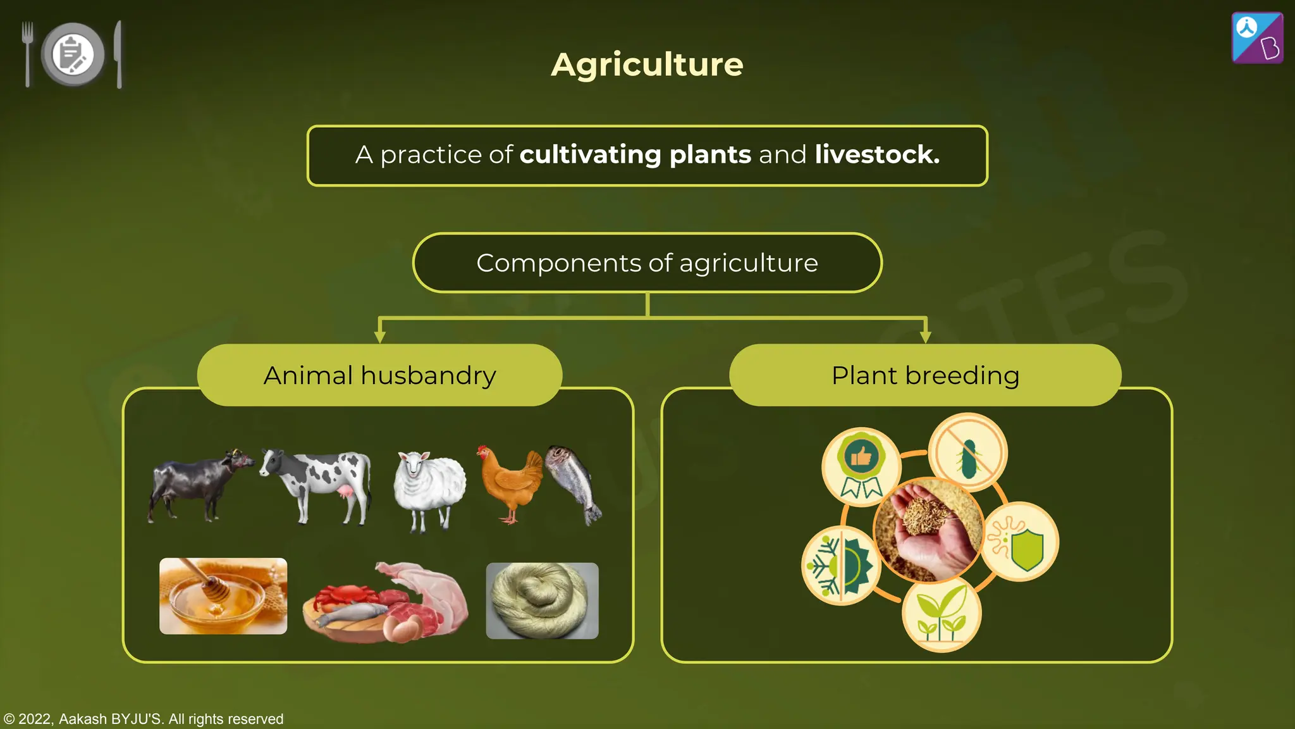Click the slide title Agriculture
(x=647, y=65)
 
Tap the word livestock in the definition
(x=876, y=155)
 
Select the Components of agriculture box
(x=647, y=263)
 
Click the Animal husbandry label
(x=379, y=375)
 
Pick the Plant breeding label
(x=925, y=375)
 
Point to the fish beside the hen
(x=574, y=484)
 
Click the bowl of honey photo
(x=223, y=596)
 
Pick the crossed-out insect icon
(x=968, y=452)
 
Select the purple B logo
(x=1257, y=38)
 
